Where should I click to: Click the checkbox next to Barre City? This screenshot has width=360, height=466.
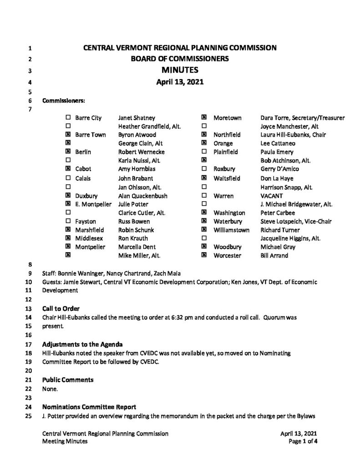coord(68,118)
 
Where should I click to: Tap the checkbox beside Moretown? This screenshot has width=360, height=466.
coord(204,118)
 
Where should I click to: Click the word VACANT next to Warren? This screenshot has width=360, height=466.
coord(271,196)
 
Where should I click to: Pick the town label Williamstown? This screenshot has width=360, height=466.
coord(231,230)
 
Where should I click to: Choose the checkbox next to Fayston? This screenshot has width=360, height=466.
coord(68,221)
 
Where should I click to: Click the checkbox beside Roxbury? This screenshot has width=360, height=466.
coord(204,169)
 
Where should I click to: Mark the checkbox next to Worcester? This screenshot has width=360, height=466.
coord(204,256)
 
